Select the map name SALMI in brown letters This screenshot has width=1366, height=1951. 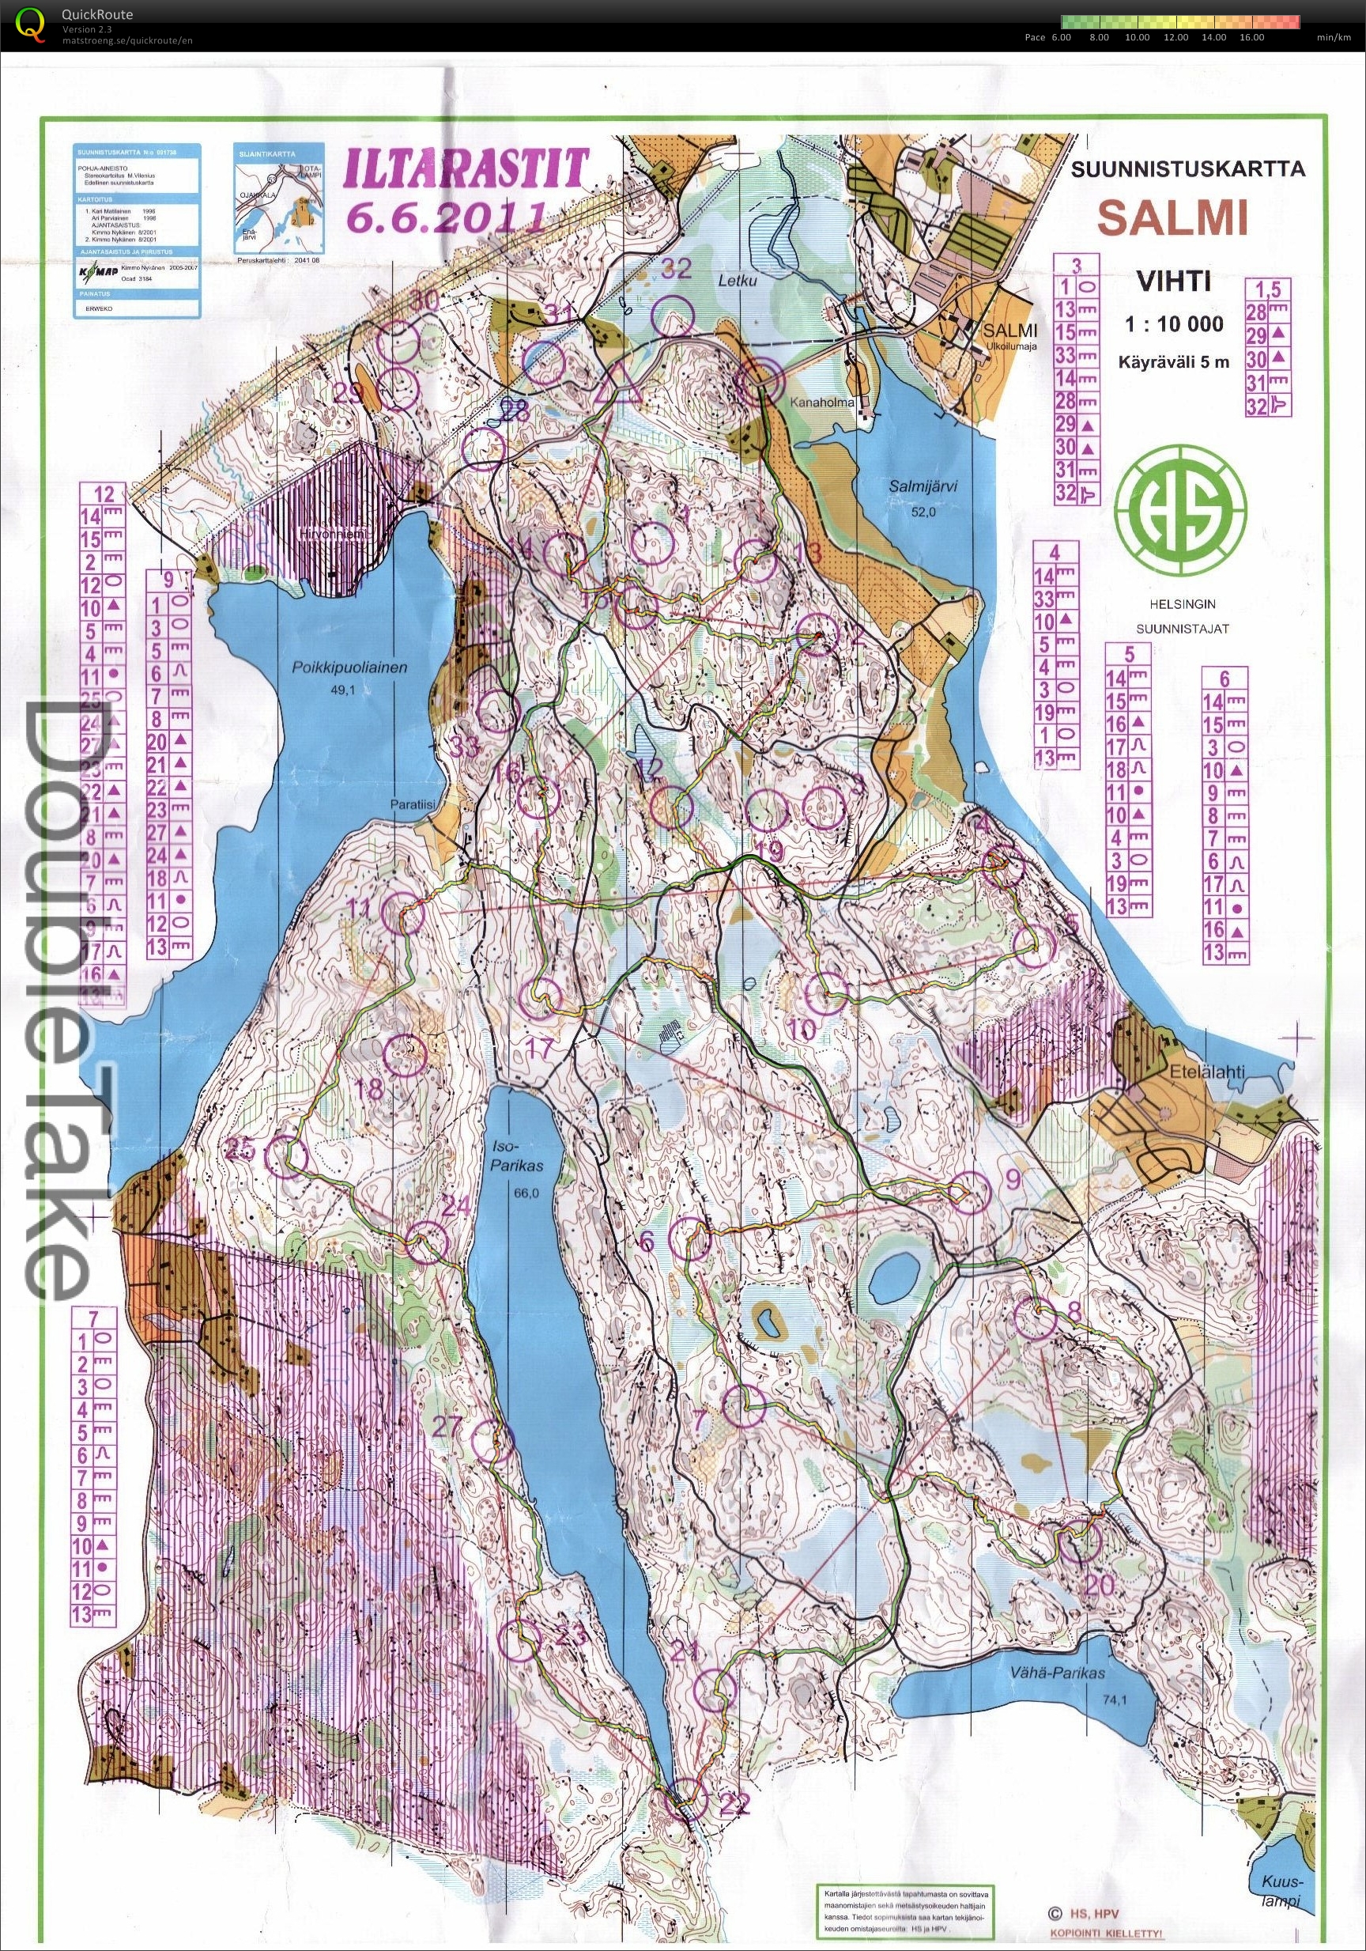pos(1173,218)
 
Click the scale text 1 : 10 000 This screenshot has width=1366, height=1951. pos(1175,323)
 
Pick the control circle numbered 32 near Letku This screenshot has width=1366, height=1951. pos(673,315)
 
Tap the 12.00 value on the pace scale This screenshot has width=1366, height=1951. pos(1175,37)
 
